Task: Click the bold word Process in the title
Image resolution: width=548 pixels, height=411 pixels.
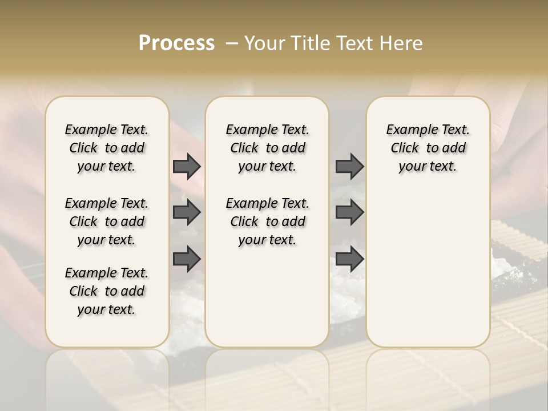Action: pos(176,43)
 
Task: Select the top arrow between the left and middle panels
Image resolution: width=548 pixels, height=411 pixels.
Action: pos(187,166)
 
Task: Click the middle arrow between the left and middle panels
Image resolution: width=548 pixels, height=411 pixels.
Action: pos(187,212)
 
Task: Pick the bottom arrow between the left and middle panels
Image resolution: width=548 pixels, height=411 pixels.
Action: pos(187,259)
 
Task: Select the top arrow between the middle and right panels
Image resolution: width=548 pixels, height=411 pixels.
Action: pos(349,166)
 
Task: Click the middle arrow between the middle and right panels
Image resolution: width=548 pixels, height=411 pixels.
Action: pos(349,212)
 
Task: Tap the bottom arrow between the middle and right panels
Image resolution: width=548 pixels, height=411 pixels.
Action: pos(349,259)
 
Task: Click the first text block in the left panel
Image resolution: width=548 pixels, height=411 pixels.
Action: pos(107,148)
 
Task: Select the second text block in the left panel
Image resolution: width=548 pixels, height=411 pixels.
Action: pos(107,221)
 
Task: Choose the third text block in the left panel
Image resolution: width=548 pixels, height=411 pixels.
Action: pos(107,291)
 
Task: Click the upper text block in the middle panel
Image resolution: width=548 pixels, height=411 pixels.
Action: pos(267,148)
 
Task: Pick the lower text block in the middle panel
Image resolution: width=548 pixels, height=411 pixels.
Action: pos(267,221)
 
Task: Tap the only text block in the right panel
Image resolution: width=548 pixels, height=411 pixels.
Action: pos(428,148)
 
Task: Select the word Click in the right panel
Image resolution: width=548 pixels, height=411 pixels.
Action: pos(405,148)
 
